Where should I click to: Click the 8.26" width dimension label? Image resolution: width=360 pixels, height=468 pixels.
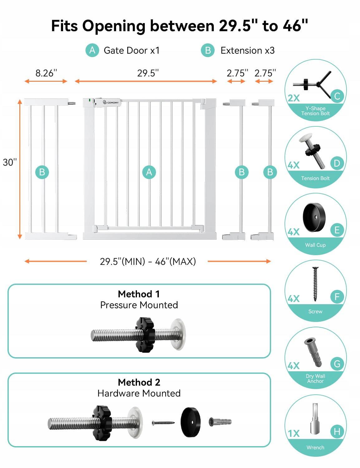tap(46, 73)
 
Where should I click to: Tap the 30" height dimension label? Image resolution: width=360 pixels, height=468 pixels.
tap(10, 162)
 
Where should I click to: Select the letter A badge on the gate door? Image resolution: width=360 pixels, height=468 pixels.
tap(149, 172)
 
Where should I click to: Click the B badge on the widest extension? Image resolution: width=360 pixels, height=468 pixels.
tap(42, 172)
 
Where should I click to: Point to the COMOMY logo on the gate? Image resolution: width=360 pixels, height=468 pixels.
tap(111, 102)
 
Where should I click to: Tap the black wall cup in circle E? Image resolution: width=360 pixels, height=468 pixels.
tap(314, 217)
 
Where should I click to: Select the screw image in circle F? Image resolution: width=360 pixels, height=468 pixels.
tap(315, 284)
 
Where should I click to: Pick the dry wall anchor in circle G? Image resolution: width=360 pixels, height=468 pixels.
tap(313, 352)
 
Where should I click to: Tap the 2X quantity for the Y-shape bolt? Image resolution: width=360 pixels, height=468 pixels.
tap(294, 98)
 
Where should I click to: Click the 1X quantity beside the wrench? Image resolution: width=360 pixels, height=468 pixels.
tap(294, 433)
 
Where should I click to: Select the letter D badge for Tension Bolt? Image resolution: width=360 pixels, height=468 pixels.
tap(337, 163)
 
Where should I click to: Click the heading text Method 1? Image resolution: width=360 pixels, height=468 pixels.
tap(139, 294)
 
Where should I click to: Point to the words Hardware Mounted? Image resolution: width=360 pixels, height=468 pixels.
tap(139, 393)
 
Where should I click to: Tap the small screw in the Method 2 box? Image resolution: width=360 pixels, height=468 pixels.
tap(163, 423)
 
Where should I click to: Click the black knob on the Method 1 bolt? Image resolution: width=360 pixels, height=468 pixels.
tap(145, 335)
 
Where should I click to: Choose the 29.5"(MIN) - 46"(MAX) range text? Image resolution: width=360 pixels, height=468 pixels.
tap(148, 261)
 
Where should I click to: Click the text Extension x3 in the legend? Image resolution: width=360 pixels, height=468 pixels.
tap(247, 51)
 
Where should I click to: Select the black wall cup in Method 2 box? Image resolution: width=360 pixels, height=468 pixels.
tap(191, 422)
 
